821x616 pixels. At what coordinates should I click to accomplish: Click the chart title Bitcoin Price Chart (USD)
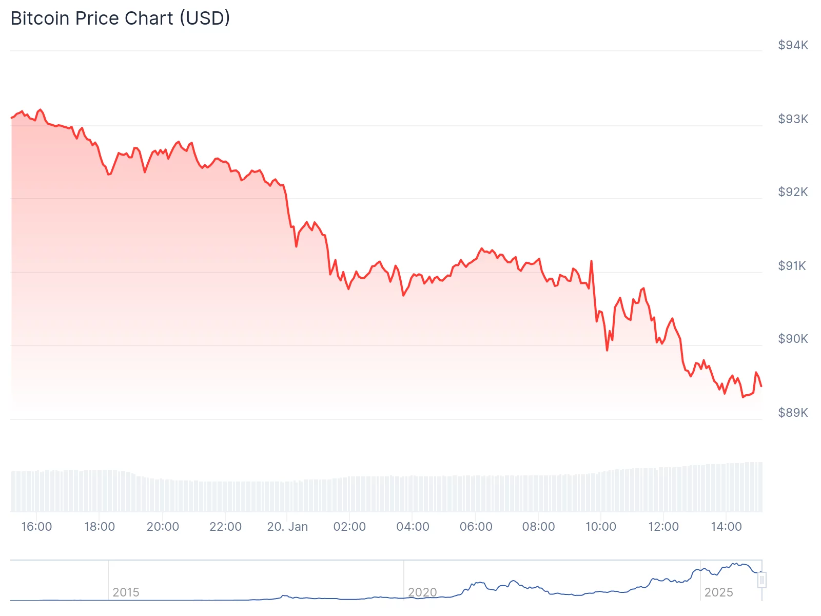pos(120,18)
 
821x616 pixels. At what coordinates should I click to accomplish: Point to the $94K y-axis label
pos(793,45)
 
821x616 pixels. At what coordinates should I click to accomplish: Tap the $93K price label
pos(793,119)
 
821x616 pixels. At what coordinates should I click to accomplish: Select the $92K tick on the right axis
pos(793,192)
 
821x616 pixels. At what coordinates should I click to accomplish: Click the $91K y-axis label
pos(792,266)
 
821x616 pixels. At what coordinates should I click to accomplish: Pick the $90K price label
pos(793,339)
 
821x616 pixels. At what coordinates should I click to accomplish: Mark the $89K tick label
pos(793,413)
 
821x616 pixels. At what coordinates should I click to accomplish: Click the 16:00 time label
pos(36,527)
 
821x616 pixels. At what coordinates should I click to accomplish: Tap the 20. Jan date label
pos(287,527)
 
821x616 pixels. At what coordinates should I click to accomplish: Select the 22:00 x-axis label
pos(225,527)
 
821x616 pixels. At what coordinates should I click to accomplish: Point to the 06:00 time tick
pos(476,527)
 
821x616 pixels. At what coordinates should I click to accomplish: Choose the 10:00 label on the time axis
pos(601,527)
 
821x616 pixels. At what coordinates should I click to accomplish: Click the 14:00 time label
pos(726,527)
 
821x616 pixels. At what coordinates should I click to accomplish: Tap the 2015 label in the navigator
pos(126,592)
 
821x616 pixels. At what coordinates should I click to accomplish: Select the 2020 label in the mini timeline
pos(422,592)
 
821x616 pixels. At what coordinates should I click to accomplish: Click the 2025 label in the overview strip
pos(718,592)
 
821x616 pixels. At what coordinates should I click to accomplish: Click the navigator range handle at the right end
pos(762,580)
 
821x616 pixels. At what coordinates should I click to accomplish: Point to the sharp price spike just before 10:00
pos(591,261)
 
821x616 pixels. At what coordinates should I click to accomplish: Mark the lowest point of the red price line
pos(742,397)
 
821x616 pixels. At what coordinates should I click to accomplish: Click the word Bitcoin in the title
pos(40,18)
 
